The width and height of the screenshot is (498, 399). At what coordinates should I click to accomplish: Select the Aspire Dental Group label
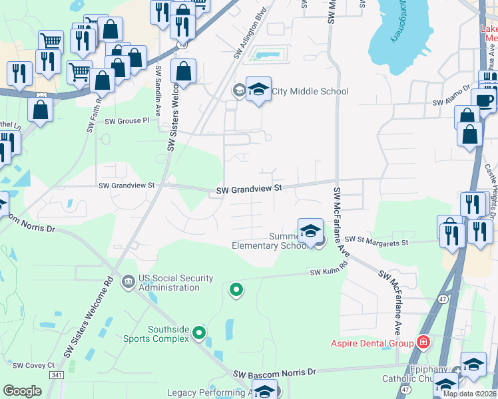372,343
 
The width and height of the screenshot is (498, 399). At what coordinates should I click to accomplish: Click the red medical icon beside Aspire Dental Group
422,342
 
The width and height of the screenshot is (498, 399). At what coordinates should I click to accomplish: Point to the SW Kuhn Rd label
329,271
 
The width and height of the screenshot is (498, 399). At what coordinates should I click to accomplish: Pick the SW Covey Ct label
33,365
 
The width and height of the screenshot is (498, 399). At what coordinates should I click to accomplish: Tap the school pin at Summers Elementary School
310,231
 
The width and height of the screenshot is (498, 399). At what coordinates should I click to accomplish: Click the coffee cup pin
483,100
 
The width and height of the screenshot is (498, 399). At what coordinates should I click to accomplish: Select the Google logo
22,391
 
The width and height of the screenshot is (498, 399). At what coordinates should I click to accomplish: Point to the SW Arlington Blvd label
251,33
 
